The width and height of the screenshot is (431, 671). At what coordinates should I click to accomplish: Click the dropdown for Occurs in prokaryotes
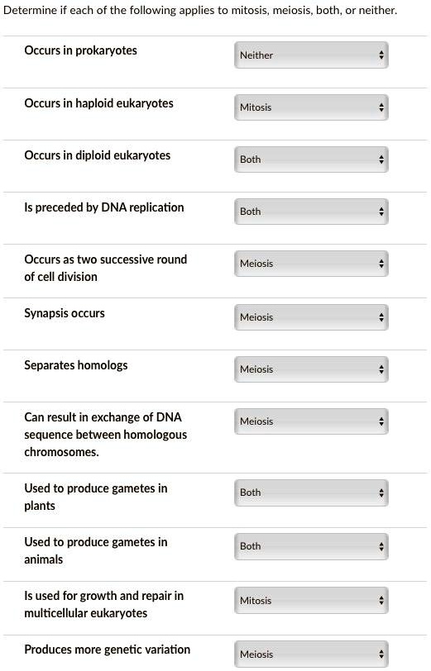[x=311, y=55]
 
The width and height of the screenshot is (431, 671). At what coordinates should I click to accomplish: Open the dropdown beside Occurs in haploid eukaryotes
[x=311, y=107]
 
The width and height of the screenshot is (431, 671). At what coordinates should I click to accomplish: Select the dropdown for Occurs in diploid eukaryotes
[x=311, y=159]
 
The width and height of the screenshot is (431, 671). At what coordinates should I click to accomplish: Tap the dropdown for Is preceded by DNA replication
[x=311, y=212]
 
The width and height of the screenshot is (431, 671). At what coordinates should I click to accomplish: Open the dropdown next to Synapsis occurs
[x=311, y=317]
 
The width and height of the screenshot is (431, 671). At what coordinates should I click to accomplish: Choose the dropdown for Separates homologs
[x=311, y=369]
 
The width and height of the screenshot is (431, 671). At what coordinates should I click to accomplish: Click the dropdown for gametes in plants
[x=311, y=493]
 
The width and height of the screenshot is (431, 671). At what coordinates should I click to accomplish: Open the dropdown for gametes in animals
[x=311, y=546]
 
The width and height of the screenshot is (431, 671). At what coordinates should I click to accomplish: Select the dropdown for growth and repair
[x=311, y=601]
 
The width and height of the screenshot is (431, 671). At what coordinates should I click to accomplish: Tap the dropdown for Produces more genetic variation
[x=311, y=654]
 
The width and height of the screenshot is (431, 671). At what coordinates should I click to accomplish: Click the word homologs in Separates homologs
[x=103, y=365]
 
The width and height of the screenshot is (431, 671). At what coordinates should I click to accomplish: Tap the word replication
[x=156, y=207]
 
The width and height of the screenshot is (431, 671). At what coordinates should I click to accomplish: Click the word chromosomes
[x=61, y=452]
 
